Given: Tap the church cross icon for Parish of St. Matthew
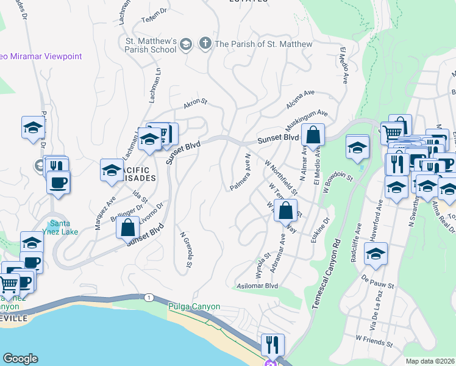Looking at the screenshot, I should point(205,44).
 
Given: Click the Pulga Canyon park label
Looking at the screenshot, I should point(194,306).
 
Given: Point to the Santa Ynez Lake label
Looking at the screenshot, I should point(64,227).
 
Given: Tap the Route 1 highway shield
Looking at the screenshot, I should point(148,297).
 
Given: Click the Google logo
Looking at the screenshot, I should point(20,359).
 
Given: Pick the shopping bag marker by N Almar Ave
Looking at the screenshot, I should point(313,136).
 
